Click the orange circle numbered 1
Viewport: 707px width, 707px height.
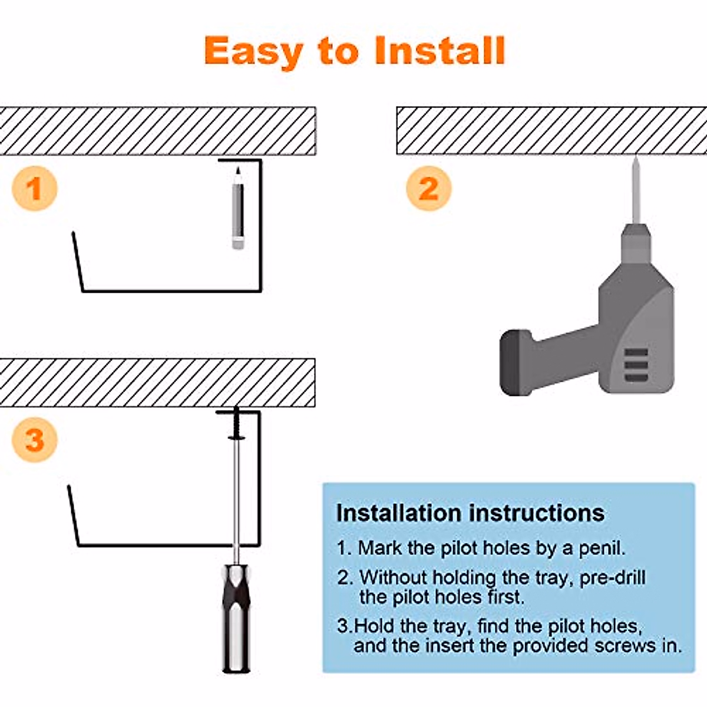coord(34,189)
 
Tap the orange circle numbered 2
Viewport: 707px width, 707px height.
coord(429,189)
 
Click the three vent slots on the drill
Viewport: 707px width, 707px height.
coord(636,365)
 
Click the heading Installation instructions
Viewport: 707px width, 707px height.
coord(470,513)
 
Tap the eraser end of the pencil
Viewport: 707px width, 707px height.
coord(238,243)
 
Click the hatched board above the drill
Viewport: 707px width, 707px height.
coord(551,131)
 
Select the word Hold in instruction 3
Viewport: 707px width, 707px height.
coord(375,625)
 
